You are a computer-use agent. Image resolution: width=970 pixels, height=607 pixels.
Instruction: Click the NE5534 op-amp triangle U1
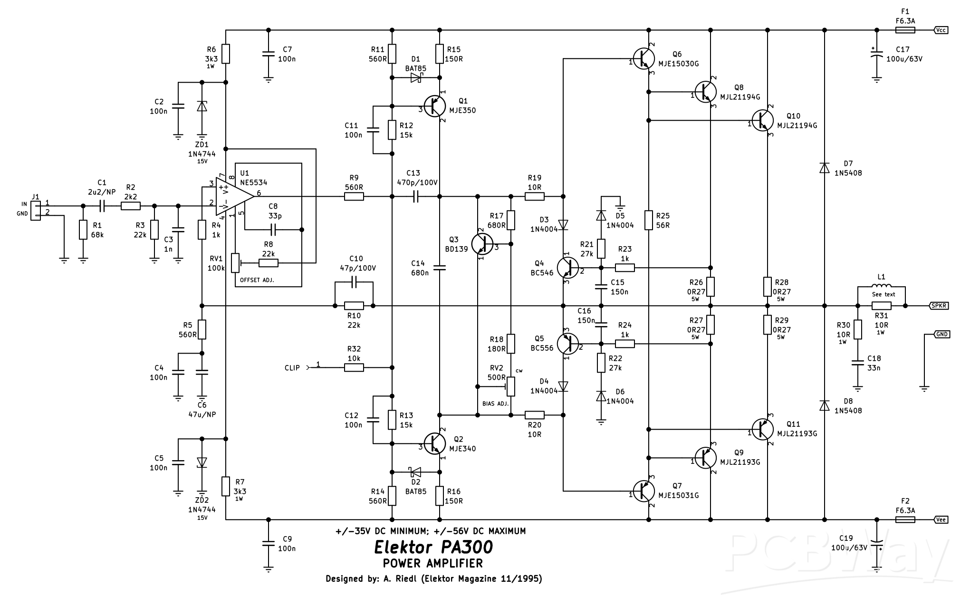(x=233, y=196)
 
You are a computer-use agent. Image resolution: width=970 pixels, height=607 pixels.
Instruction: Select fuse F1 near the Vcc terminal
(x=905, y=30)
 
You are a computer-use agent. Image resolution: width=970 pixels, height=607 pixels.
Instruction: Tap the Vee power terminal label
(x=941, y=520)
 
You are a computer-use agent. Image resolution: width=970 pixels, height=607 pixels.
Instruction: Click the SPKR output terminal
(x=938, y=306)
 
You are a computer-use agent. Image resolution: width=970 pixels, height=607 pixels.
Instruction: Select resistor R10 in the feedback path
(x=354, y=306)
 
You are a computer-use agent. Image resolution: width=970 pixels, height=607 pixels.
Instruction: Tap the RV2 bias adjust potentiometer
(x=511, y=386)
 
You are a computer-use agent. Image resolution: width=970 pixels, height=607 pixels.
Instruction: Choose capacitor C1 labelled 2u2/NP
(x=102, y=206)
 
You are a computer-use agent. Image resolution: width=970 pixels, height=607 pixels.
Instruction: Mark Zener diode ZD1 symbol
(x=202, y=106)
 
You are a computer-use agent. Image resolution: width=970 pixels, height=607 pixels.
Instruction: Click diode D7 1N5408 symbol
(x=825, y=168)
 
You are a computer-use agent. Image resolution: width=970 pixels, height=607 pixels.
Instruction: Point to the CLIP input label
(x=292, y=367)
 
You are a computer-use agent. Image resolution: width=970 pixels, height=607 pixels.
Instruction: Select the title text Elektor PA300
(x=433, y=547)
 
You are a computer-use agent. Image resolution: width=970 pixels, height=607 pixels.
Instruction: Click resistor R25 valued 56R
(x=649, y=220)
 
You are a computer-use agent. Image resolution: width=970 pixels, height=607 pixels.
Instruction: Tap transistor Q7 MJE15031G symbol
(x=644, y=491)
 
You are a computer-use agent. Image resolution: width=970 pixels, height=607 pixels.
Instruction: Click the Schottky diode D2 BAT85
(x=416, y=472)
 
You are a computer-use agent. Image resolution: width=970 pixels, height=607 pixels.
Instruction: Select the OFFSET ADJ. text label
(x=257, y=280)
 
